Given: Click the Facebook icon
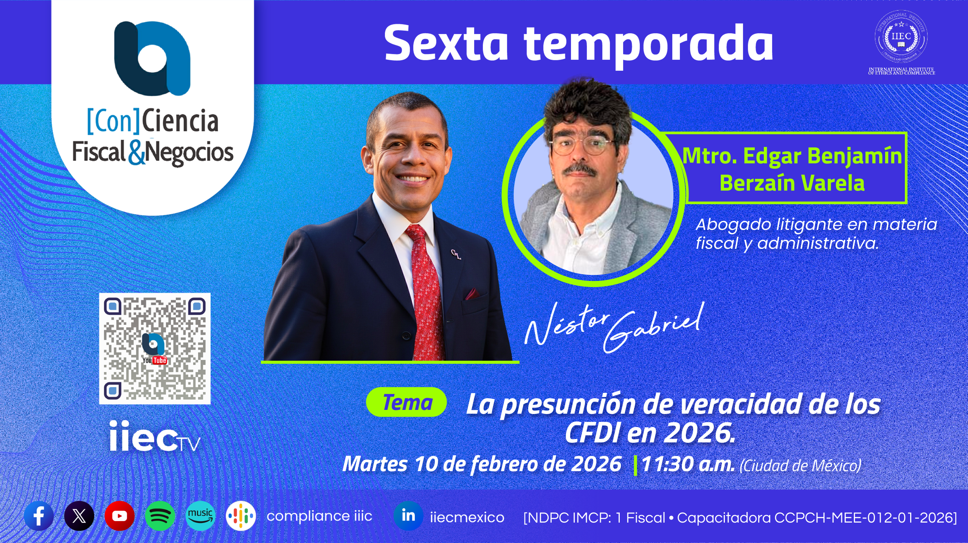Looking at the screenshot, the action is click(39, 516).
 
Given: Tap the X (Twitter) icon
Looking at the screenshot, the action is click(79, 516).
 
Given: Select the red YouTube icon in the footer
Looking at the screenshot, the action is click(119, 516).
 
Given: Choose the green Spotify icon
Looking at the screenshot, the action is click(160, 516).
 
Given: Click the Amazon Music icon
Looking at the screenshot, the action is click(200, 516).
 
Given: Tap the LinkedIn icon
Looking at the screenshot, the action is click(408, 516).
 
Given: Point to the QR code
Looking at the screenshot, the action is click(155, 349).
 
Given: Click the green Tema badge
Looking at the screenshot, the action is click(406, 402).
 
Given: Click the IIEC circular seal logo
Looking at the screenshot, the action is click(901, 36).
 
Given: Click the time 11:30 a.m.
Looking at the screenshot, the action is click(688, 464).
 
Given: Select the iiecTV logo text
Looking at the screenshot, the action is click(154, 436).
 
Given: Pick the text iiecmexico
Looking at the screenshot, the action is click(467, 517).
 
